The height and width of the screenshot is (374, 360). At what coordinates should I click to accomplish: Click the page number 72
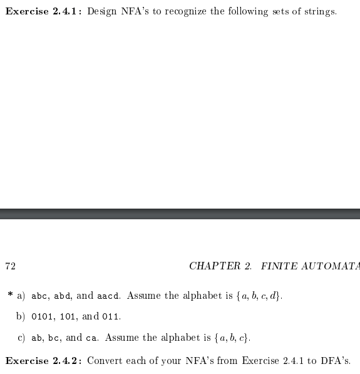10,266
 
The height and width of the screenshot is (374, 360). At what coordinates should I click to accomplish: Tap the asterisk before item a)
10,294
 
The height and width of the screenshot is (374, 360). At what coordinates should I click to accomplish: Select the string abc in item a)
39,296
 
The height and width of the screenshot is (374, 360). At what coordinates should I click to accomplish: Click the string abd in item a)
61,296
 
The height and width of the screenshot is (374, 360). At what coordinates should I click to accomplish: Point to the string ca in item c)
91,338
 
